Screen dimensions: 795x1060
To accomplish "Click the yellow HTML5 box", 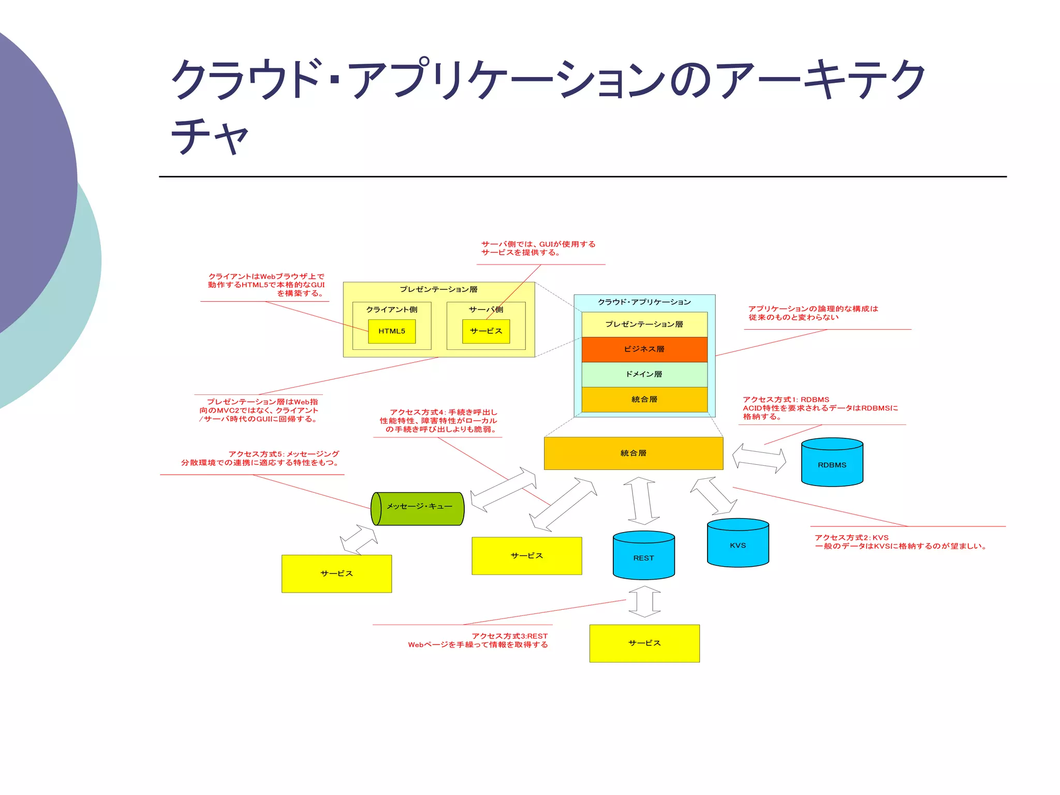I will tap(391, 331).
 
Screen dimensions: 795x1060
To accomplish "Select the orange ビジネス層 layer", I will tap(644, 349).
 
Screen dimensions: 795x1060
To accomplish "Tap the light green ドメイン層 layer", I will tap(644, 374).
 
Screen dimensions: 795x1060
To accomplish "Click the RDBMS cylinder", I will tap(832, 464).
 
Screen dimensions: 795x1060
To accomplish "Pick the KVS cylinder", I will tap(738, 545).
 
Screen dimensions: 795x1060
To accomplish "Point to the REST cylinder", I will tap(643, 557).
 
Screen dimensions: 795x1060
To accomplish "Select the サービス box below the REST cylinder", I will tap(644, 643).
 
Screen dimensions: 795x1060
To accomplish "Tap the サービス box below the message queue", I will tap(336, 573).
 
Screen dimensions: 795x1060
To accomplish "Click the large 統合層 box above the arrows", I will tap(633, 453).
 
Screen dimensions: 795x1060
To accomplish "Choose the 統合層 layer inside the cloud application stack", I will tap(644, 399).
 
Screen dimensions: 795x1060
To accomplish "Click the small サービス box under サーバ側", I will tap(485, 331).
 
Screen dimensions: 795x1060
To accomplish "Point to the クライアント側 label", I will tap(391, 310).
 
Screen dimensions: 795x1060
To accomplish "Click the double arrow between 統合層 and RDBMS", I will tap(759, 458).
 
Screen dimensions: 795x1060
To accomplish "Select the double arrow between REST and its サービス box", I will tap(644, 601).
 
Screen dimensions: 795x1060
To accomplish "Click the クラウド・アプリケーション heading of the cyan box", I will tap(644, 302).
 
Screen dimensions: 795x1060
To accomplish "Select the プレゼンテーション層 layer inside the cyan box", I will tap(644, 324).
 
